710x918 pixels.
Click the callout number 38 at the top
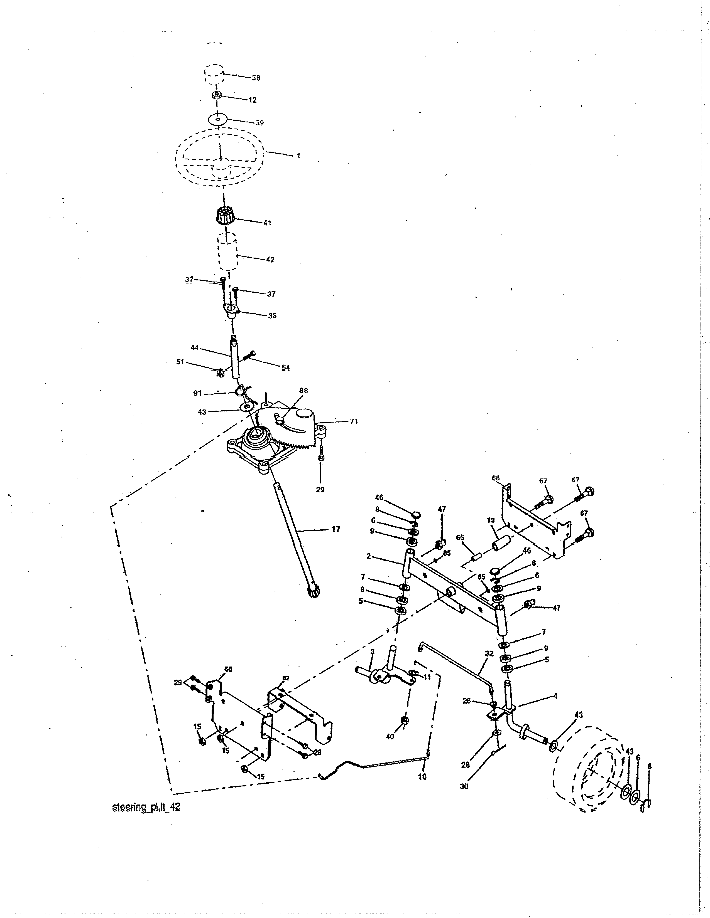point(256,78)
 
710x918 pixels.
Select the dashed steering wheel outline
point(220,157)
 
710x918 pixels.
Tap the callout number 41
point(267,223)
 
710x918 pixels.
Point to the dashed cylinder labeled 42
point(227,253)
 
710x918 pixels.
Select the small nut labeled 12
point(216,95)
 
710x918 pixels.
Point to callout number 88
point(303,391)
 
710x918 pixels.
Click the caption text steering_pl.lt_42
point(147,808)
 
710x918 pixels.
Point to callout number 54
point(286,368)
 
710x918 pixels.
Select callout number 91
point(197,393)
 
